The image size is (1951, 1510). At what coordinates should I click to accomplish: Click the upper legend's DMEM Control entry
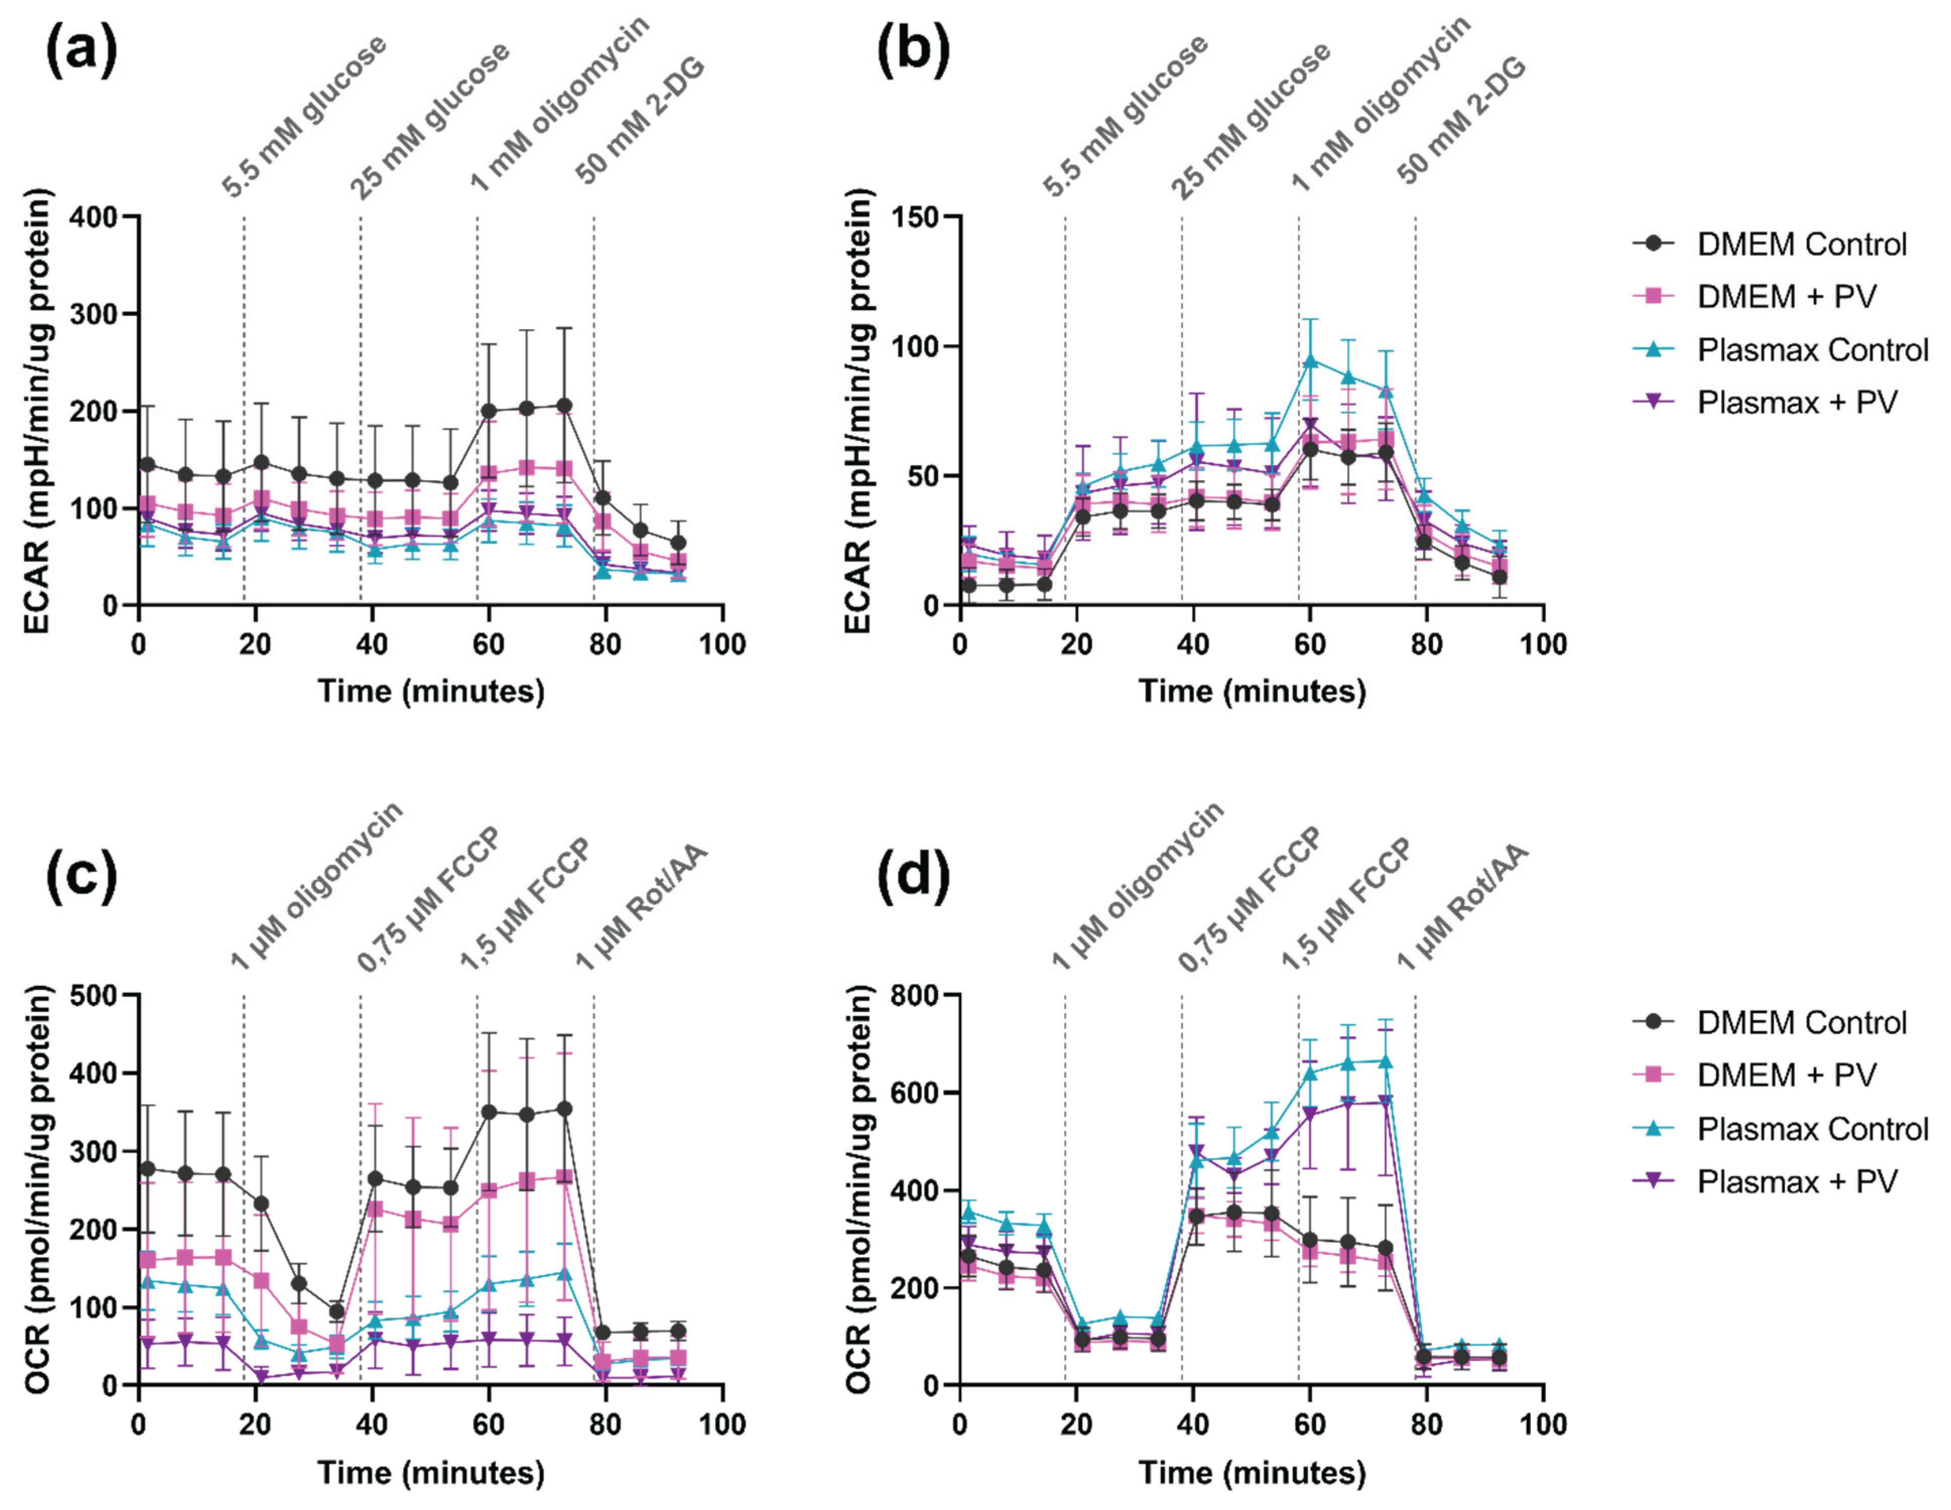[x=1800, y=244]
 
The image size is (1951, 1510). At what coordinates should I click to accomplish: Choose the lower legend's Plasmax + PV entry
[x=1796, y=1181]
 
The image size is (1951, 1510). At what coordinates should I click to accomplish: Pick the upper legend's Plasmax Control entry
[x=1811, y=349]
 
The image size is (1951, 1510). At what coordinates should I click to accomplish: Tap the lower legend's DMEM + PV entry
[x=1786, y=1075]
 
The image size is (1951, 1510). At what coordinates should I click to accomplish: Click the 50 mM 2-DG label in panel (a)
[x=639, y=120]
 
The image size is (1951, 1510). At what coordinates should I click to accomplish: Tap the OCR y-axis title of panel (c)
[x=37, y=1188]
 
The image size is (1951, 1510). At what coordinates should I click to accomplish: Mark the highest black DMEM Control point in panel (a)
[x=564, y=406]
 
